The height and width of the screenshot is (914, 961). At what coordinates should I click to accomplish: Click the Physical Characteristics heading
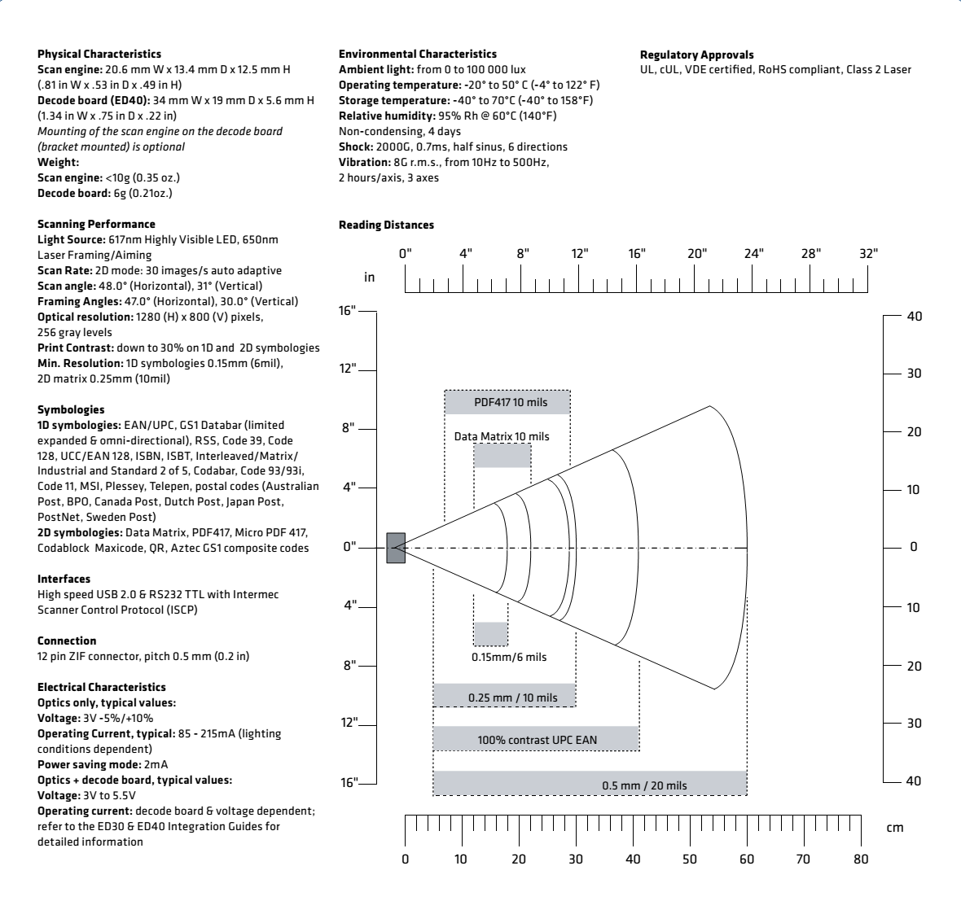pyautogui.click(x=99, y=54)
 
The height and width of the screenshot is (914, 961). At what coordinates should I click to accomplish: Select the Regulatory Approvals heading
pyautogui.click(x=696, y=55)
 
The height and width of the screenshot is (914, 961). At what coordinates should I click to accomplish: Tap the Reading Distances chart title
pyautogui.click(x=386, y=225)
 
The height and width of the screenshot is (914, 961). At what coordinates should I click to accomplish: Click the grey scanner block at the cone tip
pyautogui.click(x=396, y=547)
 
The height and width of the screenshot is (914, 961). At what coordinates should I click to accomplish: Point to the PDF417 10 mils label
pyautogui.click(x=507, y=402)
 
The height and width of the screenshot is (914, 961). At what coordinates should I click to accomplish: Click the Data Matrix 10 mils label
pyautogui.click(x=502, y=436)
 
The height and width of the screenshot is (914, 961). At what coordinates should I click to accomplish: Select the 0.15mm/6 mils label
pyautogui.click(x=509, y=657)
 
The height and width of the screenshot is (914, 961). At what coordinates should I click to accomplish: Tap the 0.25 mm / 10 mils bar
pyautogui.click(x=504, y=697)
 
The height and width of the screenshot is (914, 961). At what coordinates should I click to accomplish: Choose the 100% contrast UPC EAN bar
pyautogui.click(x=536, y=739)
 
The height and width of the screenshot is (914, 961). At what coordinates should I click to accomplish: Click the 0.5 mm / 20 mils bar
pyautogui.click(x=590, y=784)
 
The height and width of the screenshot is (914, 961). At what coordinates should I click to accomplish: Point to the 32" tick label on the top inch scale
pyautogui.click(x=869, y=252)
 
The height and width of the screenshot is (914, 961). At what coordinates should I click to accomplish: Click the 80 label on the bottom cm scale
pyautogui.click(x=862, y=859)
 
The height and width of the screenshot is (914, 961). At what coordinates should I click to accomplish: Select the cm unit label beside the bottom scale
pyautogui.click(x=894, y=828)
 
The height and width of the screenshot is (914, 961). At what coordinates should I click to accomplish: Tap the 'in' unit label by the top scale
pyautogui.click(x=370, y=278)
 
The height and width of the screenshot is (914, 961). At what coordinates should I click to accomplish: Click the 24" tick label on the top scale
pyautogui.click(x=754, y=252)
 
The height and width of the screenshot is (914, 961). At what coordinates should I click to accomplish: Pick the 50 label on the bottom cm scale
pyautogui.click(x=690, y=859)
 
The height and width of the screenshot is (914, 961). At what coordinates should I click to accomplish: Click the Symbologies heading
pyautogui.click(x=71, y=409)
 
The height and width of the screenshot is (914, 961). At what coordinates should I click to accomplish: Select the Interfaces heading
pyautogui.click(x=64, y=579)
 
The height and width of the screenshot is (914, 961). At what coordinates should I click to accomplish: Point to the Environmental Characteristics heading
pyautogui.click(x=418, y=54)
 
